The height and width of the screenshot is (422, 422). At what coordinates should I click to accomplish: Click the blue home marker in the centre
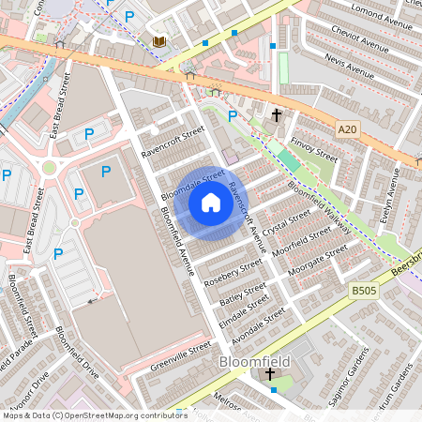click(211, 203)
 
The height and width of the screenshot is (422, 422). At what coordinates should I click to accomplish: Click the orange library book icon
click(159, 41)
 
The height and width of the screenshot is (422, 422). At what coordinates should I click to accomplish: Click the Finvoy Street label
click(314, 148)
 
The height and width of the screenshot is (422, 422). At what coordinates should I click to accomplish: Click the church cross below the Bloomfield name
click(270, 375)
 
